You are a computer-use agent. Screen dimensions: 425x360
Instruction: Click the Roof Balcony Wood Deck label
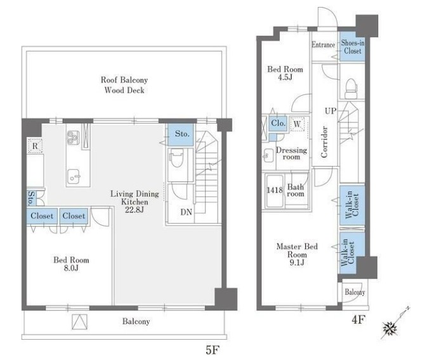point(124,85)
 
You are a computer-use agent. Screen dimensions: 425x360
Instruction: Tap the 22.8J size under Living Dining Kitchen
point(134,210)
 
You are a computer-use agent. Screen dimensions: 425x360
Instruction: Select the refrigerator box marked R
point(35,146)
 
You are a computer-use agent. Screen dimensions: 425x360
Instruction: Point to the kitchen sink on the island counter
point(74,176)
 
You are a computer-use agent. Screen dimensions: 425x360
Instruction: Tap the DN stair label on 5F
point(186,212)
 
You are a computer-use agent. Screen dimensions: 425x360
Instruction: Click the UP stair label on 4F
point(330,111)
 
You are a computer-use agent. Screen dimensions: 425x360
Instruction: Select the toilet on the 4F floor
point(351,88)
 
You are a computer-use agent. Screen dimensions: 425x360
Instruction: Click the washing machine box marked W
point(297,124)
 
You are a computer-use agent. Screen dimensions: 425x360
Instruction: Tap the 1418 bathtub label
point(275,190)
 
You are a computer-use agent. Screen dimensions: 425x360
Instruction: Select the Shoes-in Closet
point(352,47)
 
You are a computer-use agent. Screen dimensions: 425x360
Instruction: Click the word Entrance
point(323,45)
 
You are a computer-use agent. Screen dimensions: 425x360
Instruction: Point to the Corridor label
point(324,142)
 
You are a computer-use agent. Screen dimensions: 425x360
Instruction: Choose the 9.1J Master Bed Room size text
point(297,262)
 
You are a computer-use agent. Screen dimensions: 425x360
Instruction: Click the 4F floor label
point(358,319)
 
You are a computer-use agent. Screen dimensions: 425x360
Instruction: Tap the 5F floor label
point(213,350)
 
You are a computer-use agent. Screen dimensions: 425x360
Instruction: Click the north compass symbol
point(391,328)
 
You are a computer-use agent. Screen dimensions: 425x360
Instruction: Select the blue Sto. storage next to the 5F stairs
point(181,135)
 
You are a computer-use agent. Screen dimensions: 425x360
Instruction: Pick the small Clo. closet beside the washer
point(278,124)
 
